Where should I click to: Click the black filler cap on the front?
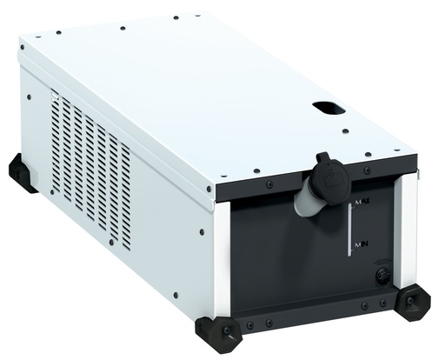tap(331, 176)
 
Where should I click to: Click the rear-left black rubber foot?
tap(22, 173)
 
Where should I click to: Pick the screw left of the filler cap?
tap(268, 183)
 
